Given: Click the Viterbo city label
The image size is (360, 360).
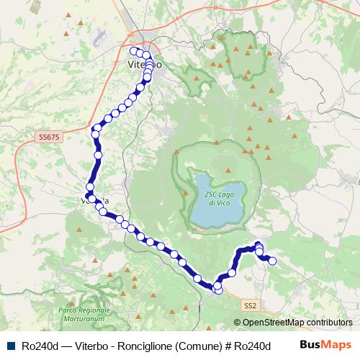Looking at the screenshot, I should [x=144, y=65].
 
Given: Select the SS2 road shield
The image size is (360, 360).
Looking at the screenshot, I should [x=249, y=306].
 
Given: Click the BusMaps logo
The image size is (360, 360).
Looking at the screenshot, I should [x=325, y=345].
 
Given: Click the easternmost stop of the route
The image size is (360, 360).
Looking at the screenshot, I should [x=272, y=261].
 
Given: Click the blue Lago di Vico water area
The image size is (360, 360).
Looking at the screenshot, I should [x=216, y=209].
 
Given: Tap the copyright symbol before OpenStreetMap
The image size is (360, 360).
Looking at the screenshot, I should [x=237, y=323].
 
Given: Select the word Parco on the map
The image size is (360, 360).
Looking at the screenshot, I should [x=67, y=310].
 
